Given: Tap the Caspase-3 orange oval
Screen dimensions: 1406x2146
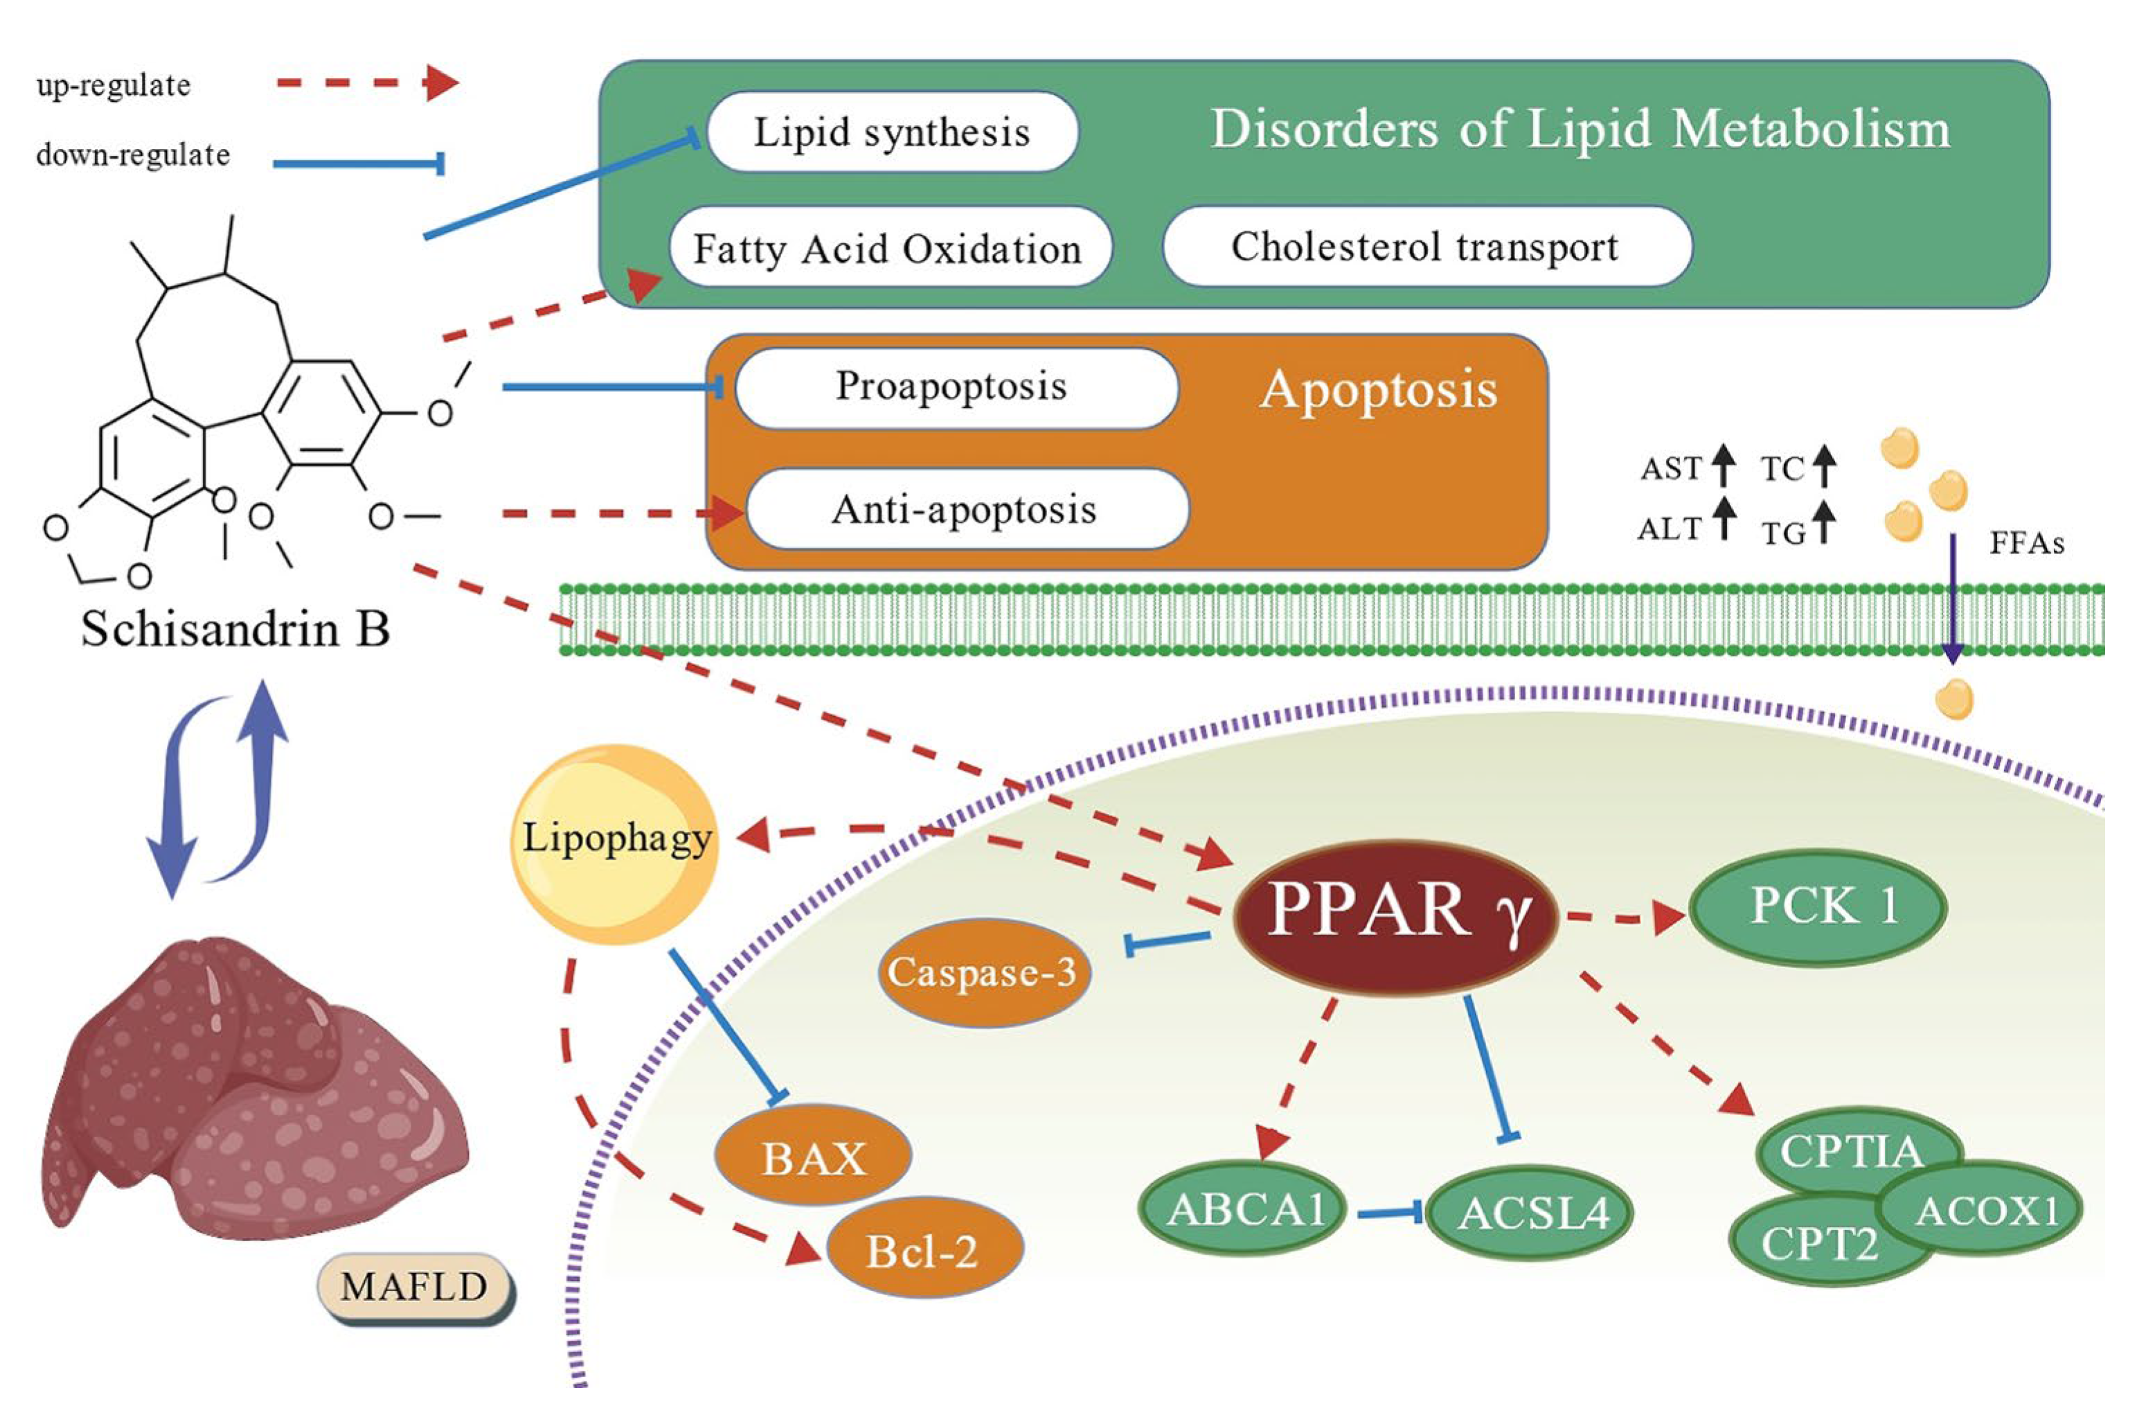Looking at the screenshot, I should coord(983,972).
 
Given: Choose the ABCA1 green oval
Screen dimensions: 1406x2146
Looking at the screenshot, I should coord(1245,1210).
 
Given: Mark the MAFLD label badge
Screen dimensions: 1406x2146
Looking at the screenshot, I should coord(414,1288).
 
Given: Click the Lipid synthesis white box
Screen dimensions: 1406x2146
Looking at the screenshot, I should coord(892,132).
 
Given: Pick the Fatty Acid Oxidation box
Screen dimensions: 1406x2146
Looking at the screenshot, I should coord(888,249).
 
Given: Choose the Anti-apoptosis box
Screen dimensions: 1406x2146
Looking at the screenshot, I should coord(965,510).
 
